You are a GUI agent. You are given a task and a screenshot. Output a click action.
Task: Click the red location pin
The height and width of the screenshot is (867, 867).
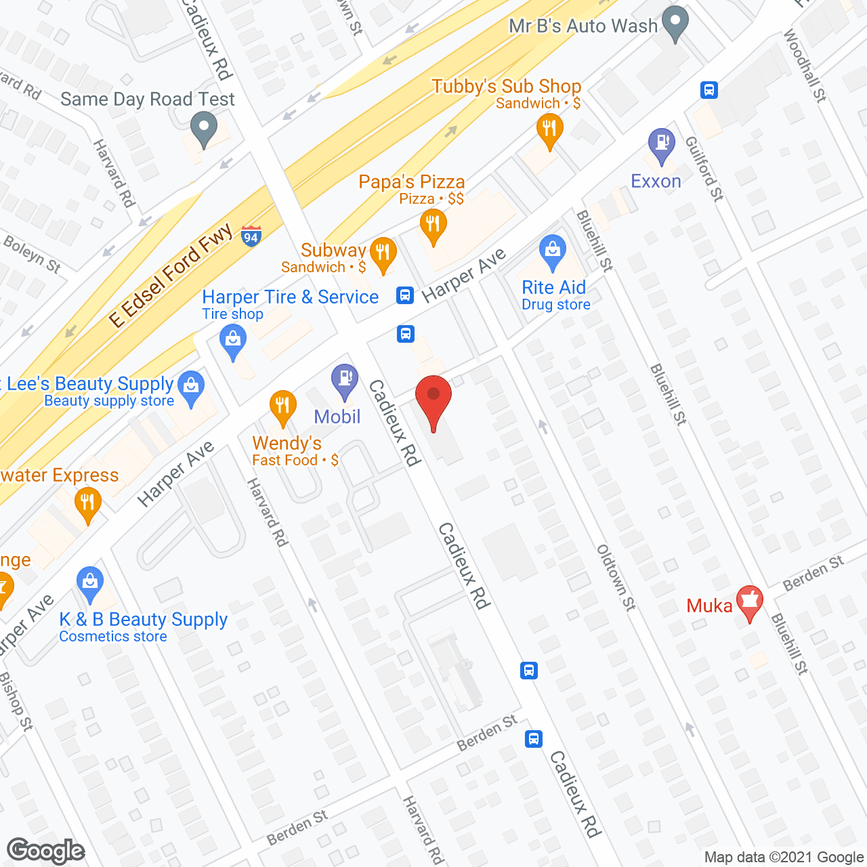pos(433,400)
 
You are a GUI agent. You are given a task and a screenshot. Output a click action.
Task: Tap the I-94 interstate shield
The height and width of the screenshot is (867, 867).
pos(251,236)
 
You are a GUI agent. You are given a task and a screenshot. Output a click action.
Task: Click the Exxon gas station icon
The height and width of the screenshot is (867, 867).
pos(662,145)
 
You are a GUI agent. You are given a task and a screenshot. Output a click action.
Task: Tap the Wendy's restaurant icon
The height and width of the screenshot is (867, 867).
pos(282,407)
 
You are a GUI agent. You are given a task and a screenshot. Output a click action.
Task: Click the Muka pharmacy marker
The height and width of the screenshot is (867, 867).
pos(750,601)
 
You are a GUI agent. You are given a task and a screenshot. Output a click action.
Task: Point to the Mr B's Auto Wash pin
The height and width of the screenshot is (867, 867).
pos(675,23)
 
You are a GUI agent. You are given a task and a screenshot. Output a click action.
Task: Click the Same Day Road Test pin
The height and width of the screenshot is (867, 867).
pos(203,128)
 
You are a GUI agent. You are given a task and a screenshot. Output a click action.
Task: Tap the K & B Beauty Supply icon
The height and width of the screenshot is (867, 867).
pos(89,583)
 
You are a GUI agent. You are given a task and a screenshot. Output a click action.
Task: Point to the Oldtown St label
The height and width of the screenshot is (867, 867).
pos(616,577)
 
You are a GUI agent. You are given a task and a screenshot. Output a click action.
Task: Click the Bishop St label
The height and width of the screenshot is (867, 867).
pos(16,702)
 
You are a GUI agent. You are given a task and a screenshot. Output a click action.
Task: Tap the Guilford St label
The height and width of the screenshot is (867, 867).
pos(704,169)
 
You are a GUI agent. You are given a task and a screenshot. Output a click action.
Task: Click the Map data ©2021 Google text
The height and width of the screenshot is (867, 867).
pos(784,858)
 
